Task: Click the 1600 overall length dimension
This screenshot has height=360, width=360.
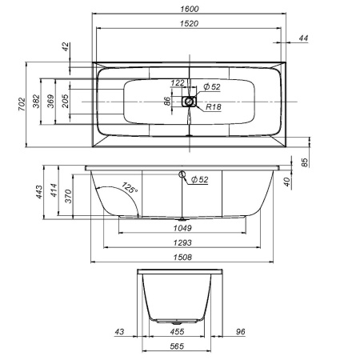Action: (x=190, y=9)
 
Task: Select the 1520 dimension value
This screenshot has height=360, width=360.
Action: (x=190, y=24)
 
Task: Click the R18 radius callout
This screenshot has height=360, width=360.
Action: (x=214, y=106)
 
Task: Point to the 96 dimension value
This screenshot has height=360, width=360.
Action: (x=239, y=330)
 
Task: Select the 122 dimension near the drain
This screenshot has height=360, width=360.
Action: (x=178, y=83)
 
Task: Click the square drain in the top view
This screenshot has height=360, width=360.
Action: (x=190, y=102)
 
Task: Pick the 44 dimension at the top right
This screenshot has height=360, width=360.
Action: (x=303, y=38)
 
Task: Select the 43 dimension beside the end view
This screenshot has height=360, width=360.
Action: (x=119, y=330)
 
